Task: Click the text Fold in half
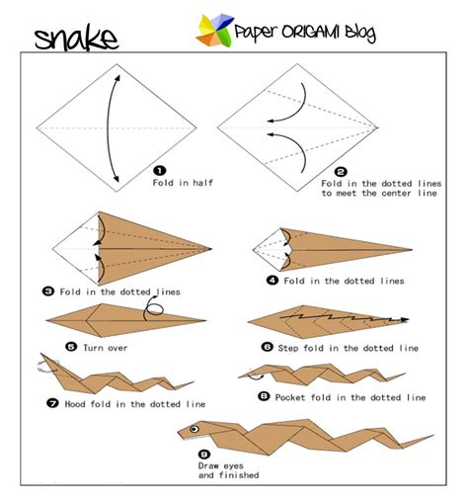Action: pos(185,183)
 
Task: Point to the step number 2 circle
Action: pos(341,171)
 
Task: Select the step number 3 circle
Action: pos(47,291)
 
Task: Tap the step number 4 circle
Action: pos(272,281)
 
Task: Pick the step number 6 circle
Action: pos(267,347)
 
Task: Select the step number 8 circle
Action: pos(263,396)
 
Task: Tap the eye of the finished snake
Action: pos(195,429)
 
